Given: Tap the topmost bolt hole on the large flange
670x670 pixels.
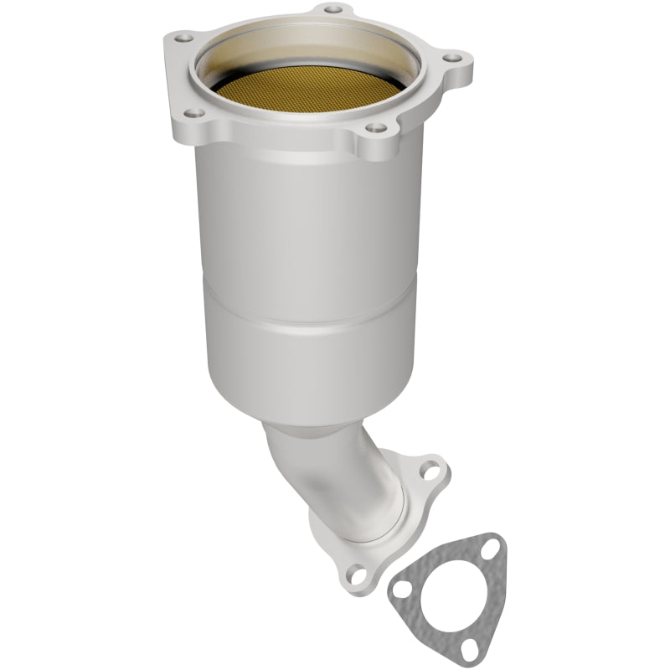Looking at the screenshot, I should (333, 9).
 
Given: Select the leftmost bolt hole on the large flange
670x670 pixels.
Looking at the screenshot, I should (180, 38).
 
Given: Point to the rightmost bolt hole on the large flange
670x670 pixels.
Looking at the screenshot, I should (451, 59).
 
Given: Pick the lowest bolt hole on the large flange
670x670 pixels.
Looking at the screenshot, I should (376, 128).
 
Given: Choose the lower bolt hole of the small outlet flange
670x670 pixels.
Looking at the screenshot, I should (358, 575).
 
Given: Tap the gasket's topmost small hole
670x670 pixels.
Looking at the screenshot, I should (492, 545).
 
